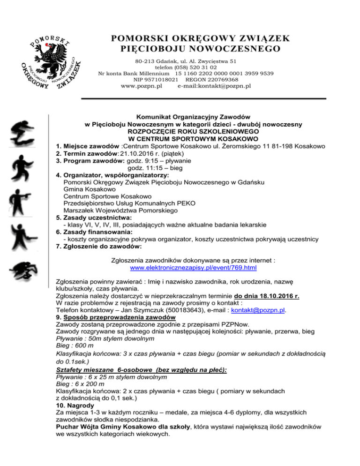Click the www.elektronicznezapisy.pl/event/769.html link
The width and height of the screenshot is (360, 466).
click(x=193, y=269)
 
